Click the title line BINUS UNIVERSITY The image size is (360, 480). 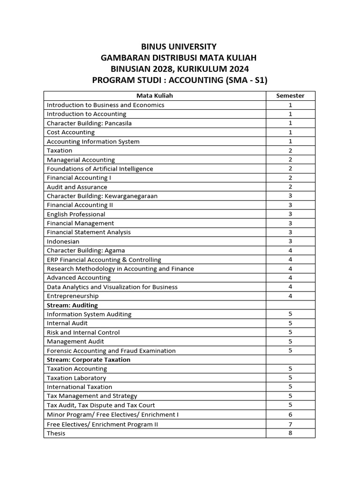(180, 46)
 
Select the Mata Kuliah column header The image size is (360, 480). (155, 96)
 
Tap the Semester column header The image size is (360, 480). (290, 96)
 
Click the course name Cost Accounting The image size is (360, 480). (71, 132)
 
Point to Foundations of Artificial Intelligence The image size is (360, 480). (100, 169)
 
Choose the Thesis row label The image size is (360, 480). (56, 433)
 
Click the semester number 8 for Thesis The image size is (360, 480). (290, 433)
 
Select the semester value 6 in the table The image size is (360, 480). (290, 415)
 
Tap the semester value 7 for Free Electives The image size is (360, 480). (290, 424)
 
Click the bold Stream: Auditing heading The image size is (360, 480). (72, 305)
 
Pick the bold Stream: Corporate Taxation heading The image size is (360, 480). (89, 360)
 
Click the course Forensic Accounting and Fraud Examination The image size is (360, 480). (111, 351)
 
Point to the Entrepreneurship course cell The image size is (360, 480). (73, 296)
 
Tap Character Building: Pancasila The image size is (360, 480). (89, 123)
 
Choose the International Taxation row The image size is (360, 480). (80, 387)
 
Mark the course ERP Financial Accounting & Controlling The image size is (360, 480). (104, 260)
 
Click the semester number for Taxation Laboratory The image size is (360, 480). (290, 378)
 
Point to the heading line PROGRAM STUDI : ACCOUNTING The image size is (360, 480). (180, 80)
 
